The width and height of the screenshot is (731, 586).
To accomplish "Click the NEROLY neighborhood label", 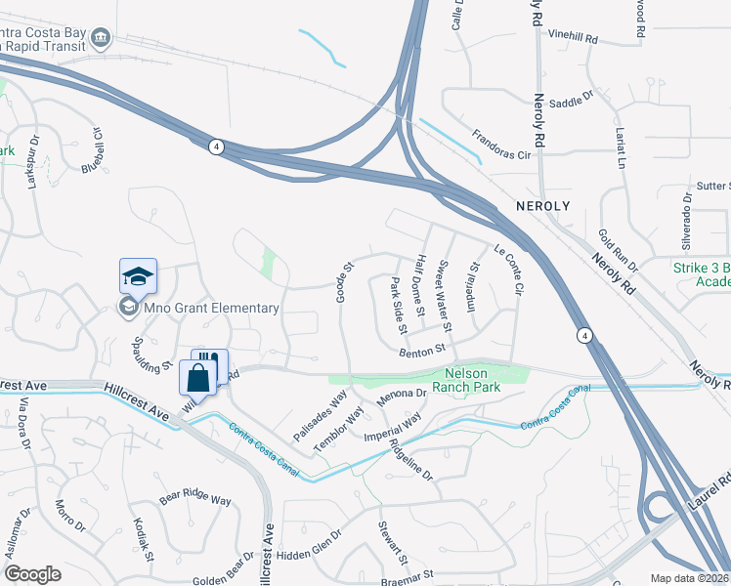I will tap(542, 207).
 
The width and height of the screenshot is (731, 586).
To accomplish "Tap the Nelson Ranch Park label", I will tap(472, 380).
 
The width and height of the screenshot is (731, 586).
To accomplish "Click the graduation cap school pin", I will tap(138, 275).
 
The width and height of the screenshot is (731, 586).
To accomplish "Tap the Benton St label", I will tap(421, 349).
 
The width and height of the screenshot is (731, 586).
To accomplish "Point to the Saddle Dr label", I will tap(573, 100).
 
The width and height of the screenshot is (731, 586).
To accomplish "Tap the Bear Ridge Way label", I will tap(194, 497).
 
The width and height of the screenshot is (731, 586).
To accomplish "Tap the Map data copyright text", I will tap(689, 578).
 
